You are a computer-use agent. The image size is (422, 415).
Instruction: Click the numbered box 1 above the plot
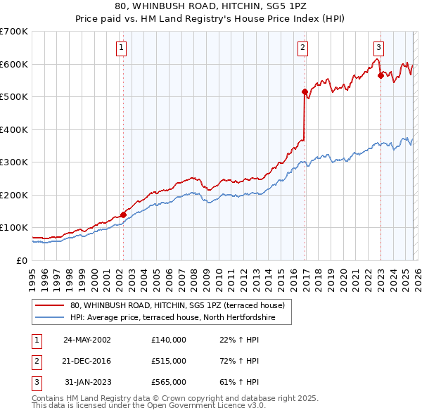tap(122, 48)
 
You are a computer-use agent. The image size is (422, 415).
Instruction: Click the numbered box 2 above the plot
tap(302, 48)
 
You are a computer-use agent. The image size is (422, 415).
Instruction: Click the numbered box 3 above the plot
tap(378, 48)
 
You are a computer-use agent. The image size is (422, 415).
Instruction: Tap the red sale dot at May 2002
tap(123, 215)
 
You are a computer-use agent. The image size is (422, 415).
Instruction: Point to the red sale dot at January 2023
tap(381, 75)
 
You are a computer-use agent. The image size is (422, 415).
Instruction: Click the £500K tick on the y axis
tap(14, 96)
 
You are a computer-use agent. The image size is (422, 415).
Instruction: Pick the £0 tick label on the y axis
tap(23, 260)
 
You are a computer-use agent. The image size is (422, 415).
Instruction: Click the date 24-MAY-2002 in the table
tap(87, 340)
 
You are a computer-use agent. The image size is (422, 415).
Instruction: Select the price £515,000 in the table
tap(168, 361)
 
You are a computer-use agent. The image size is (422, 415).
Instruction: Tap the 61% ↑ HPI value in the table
tap(239, 382)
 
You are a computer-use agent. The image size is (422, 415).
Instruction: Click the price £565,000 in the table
tap(168, 382)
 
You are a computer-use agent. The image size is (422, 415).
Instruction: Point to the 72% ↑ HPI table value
tap(239, 361)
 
